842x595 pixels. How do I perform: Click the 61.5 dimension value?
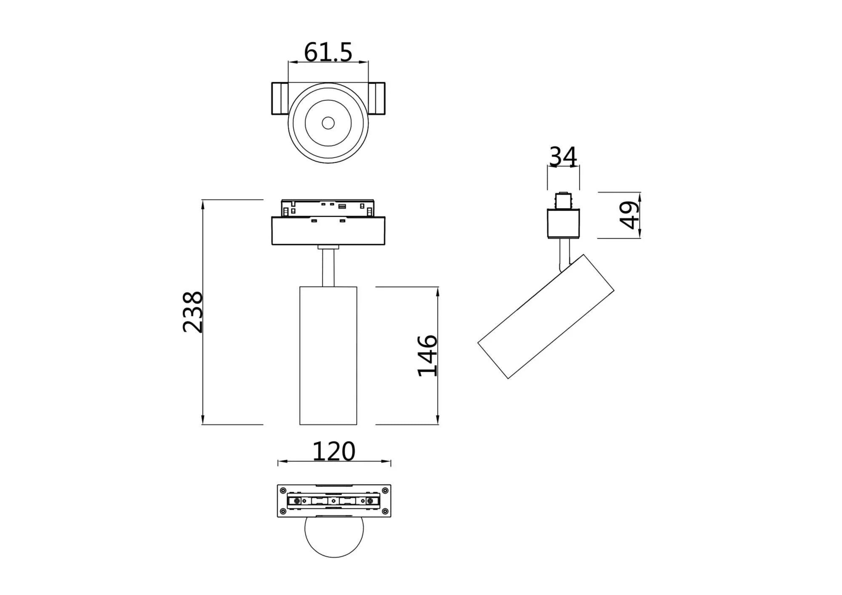pyautogui.click(x=328, y=53)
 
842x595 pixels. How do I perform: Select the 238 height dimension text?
pyautogui.click(x=193, y=312)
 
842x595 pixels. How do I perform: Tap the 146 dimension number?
pyautogui.click(x=427, y=356)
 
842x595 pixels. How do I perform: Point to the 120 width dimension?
pyautogui.click(x=334, y=452)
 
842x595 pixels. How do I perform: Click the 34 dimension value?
pyautogui.click(x=563, y=157)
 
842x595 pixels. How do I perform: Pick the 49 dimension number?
pyautogui.click(x=630, y=215)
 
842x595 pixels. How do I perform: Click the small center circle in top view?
pyautogui.click(x=328, y=123)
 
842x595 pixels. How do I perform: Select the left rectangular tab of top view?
pyautogui.click(x=280, y=98)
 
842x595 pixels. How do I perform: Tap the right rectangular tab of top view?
pyautogui.click(x=376, y=98)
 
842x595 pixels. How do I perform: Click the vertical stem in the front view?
pyautogui.click(x=328, y=268)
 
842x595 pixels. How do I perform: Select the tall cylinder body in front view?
pyautogui.click(x=328, y=356)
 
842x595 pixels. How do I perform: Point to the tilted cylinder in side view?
pyautogui.click(x=546, y=316)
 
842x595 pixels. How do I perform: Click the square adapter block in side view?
pyautogui.click(x=563, y=223)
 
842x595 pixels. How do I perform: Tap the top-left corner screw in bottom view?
pyautogui.click(x=283, y=490)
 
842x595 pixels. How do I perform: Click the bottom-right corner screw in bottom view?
pyautogui.click(x=385, y=511)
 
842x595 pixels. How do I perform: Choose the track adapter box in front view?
pyautogui.click(x=328, y=231)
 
